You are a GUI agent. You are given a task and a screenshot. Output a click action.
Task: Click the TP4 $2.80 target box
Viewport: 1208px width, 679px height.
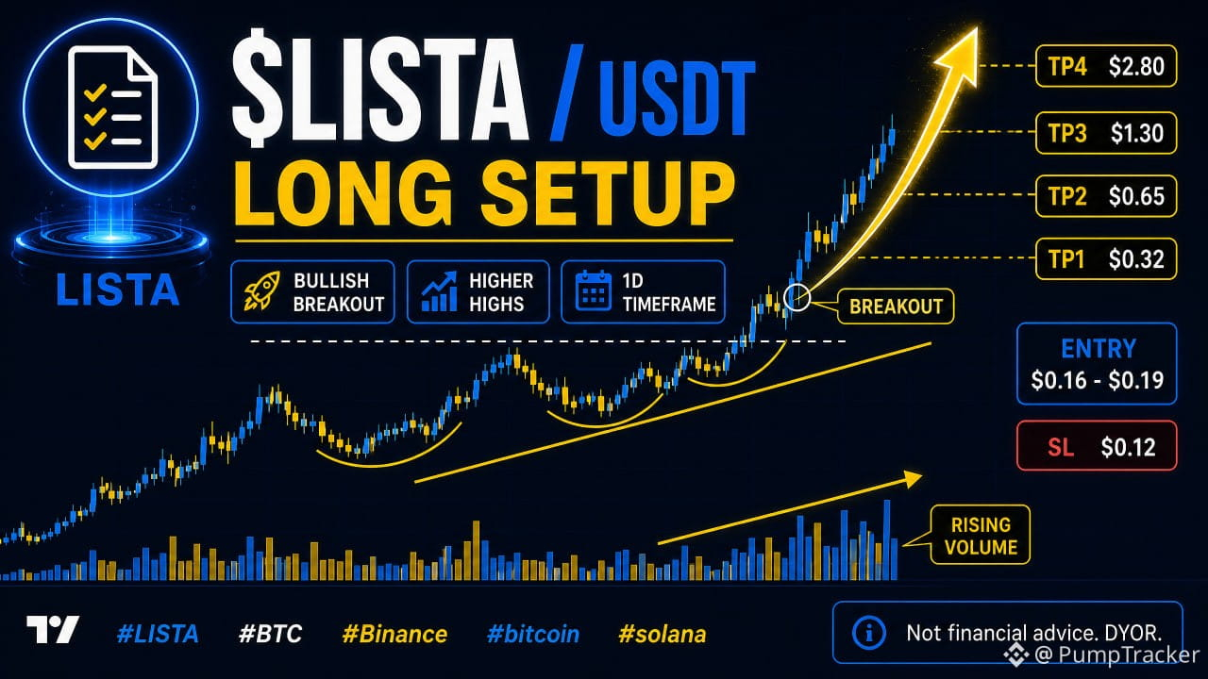1106,66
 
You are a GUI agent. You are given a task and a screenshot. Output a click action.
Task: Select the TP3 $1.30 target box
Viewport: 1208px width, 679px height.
1106,133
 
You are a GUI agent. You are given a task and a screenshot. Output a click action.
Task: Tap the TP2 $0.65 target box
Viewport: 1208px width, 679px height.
1106,196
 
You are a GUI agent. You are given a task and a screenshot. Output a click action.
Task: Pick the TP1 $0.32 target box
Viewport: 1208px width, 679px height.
1106,259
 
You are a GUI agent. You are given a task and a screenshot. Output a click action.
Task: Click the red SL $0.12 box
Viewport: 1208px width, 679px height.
1097,446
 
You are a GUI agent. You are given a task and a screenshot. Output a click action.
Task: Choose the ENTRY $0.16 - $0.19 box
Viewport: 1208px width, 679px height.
1097,364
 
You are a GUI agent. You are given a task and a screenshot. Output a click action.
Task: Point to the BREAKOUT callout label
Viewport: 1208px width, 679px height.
896,306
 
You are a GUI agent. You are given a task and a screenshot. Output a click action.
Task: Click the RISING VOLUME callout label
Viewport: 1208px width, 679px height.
981,535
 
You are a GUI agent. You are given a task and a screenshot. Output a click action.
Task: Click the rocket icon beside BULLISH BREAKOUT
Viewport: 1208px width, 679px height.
262,291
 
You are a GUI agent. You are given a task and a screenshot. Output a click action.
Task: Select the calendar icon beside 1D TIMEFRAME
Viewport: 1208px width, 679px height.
593,291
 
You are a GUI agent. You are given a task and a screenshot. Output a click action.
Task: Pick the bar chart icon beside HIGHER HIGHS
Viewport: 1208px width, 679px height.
440,291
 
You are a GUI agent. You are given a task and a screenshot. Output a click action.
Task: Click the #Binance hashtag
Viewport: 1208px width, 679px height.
394,635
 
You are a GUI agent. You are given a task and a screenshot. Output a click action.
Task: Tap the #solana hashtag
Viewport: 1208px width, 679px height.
663,635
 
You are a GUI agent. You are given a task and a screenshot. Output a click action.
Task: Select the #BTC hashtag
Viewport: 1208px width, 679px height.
270,635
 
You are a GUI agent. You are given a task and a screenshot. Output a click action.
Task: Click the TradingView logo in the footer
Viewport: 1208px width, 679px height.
52,629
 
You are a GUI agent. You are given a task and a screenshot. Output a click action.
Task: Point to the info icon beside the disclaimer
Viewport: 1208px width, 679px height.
869,633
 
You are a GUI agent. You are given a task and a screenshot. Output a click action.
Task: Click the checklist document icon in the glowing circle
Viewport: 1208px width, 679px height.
112,108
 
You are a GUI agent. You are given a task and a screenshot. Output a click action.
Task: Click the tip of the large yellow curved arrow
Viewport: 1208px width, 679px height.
977,28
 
